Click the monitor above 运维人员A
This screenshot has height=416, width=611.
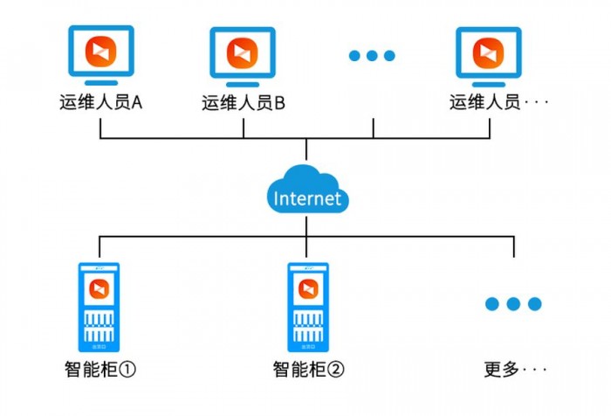click(x=101, y=55)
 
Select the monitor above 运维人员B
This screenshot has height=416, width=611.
click(x=243, y=57)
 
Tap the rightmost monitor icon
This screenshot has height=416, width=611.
click(x=489, y=57)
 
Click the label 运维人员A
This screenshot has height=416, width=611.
click(x=101, y=102)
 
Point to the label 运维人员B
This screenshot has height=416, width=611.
click(x=244, y=103)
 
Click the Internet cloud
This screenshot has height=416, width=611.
click(x=307, y=190)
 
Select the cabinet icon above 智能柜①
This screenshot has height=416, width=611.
click(x=99, y=307)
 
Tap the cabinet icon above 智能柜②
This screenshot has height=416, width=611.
click(x=308, y=307)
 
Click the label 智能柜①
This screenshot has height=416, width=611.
click(x=100, y=369)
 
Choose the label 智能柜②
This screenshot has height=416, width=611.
click(x=309, y=369)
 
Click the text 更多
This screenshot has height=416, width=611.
click(x=502, y=369)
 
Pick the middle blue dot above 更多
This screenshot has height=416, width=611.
click(x=513, y=303)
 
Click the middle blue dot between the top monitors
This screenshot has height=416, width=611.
click(x=372, y=56)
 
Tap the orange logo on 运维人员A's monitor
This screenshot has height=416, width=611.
click(x=101, y=52)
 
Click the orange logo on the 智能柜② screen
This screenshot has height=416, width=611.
click(x=308, y=289)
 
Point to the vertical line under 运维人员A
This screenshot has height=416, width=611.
click(x=100, y=128)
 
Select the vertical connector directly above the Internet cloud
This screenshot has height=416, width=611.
click(x=306, y=149)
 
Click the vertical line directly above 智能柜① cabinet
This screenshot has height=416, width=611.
click(x=100, y=246)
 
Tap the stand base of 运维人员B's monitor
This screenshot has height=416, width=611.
click(x=243, y=85)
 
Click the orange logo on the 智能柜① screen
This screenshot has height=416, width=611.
click(x=99, y=289)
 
